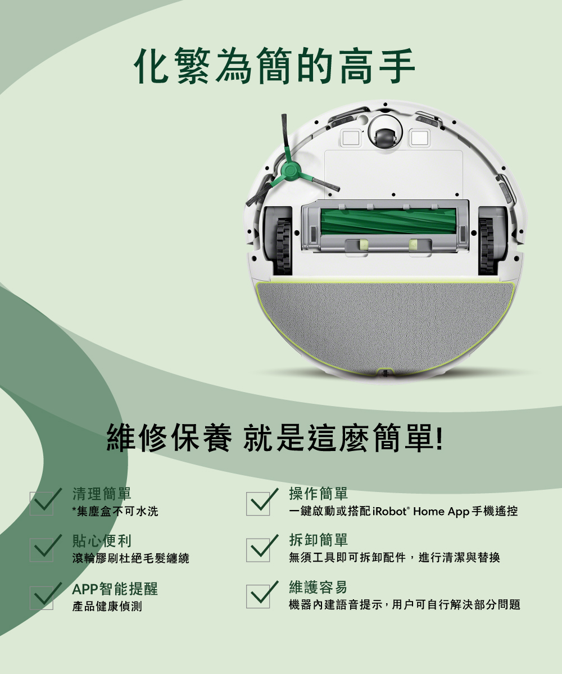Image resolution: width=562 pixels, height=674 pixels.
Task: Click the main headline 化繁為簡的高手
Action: click(x=275, y=66)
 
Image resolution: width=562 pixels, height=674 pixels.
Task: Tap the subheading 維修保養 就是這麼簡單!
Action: click(x=275, y=438)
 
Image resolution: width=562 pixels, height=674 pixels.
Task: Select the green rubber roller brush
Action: click(x=388, y=221)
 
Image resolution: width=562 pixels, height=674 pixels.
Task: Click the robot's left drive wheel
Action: click(x=284, y=245)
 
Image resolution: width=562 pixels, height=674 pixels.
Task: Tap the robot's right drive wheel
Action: click(x=487, y=246)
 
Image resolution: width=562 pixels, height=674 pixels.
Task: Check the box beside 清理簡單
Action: click(x=42, y=504)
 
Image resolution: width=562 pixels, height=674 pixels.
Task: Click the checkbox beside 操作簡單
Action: click(x=258, y=504)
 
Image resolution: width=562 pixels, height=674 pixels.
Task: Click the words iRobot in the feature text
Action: click(x=390, y=511)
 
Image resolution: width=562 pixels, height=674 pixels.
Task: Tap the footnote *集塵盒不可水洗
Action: click(x=115, y=511)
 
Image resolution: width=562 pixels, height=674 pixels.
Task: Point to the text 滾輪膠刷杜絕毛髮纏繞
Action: click(x=131, y=558)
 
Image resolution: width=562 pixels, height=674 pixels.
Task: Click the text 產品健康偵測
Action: click(x=107, y=606)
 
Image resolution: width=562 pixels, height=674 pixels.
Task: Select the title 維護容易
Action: click(x=318, y=587)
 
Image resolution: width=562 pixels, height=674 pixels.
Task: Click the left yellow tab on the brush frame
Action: click(x=362, y=244)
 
